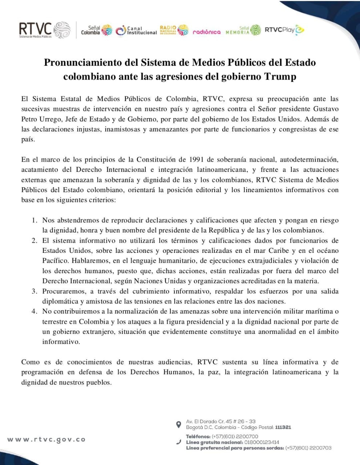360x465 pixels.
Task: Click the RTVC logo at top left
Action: [44, 30]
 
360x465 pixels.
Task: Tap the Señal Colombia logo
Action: [97, 31]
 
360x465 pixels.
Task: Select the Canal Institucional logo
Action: [137, 31]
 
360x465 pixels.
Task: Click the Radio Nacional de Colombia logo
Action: [174, 30]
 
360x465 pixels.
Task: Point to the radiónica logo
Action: [206, 32]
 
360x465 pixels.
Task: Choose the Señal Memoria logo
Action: [243, 31]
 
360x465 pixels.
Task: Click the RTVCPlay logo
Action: [284, 30]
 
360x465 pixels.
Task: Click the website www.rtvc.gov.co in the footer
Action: [46, 439]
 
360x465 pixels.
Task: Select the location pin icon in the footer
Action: [178, 424]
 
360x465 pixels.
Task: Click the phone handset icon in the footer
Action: [178, 442]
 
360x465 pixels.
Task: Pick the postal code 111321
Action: [283, 427]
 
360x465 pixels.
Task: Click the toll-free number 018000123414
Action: [262, 442]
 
